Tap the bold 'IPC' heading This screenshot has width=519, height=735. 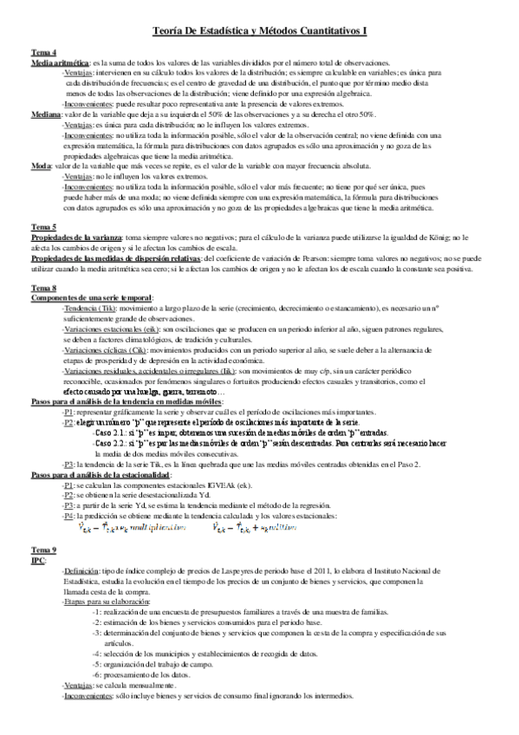tap(38, 561)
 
